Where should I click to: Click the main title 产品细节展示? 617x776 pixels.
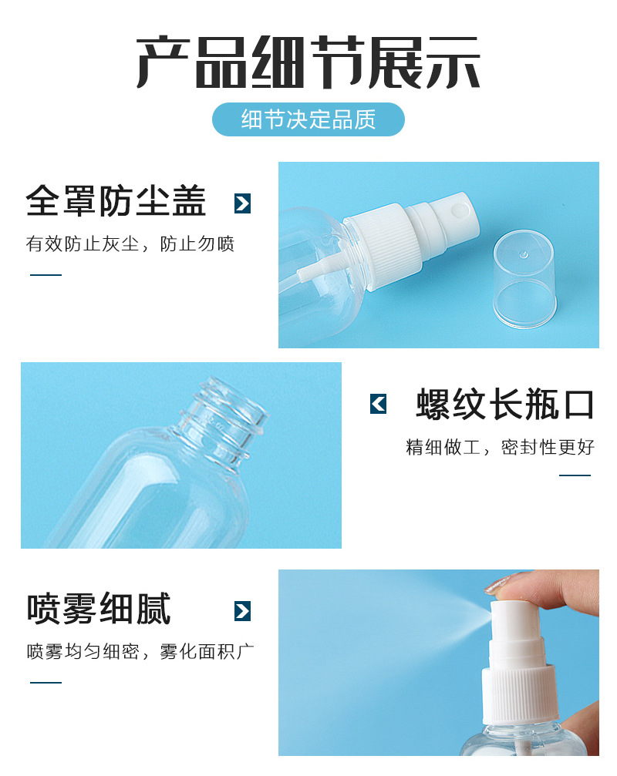pos(308,62)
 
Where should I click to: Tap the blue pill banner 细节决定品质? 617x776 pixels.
pos(308,119)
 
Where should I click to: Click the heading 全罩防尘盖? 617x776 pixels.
pos(116,202)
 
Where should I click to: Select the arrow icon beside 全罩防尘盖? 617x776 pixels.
pos(242,203)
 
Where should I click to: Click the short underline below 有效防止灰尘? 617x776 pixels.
pos(46,274)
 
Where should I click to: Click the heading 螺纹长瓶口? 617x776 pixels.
pos(505,404)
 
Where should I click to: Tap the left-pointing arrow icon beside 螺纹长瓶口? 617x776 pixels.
pos(378,404)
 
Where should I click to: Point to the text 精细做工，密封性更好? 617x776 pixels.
pos(501,447)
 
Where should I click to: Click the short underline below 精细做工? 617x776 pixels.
pos(575,475)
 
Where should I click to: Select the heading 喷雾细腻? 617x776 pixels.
pos(99,609)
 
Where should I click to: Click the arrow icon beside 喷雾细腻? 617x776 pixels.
pos(242,611)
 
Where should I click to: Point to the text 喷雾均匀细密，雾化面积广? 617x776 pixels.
pos(140,651)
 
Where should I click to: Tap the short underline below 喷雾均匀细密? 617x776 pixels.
pos(46,682)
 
